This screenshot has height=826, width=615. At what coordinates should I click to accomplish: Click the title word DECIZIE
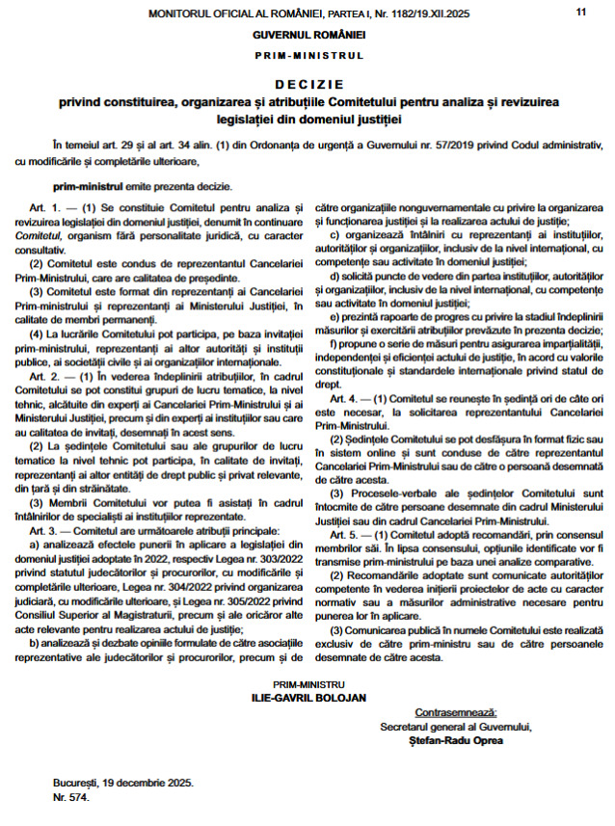coord(307,85)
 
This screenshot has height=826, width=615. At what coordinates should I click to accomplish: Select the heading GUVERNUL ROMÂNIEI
coord(307,35)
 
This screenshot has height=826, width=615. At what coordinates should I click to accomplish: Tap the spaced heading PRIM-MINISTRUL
coord(307,56)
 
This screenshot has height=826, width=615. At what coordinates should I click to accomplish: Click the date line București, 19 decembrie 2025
coord(123,784)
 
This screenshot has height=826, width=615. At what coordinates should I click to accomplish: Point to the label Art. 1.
coord(45,207)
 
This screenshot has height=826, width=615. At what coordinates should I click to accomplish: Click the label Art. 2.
coord(45,373)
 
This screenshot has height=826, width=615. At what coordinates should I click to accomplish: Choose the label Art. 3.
coord(45,529)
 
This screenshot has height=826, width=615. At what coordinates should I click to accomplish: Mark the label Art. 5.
coord(344,534)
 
